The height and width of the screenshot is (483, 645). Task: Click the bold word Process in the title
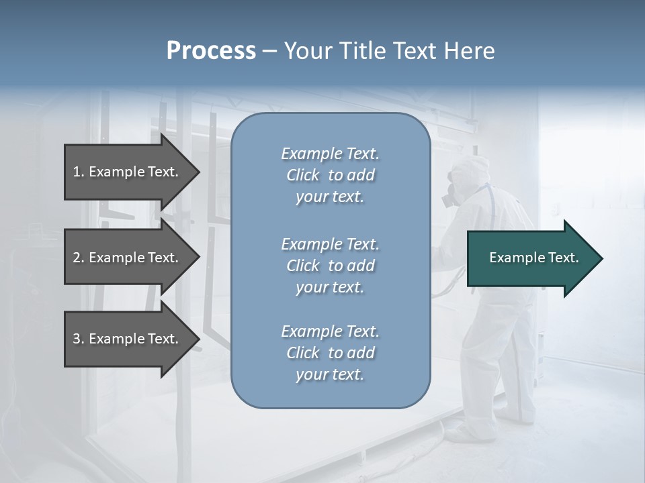(211, 51)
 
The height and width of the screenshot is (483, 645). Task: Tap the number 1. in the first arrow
(79, 172)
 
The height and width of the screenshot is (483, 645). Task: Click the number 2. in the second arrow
(79, 258)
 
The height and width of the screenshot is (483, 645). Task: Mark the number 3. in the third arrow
(79, 339)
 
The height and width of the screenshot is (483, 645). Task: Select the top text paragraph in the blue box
(330, 175)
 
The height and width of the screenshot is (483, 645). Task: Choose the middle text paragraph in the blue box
(330, 266)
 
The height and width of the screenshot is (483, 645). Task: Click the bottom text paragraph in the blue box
(330, 353)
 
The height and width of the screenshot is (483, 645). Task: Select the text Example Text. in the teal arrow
(533, 258)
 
